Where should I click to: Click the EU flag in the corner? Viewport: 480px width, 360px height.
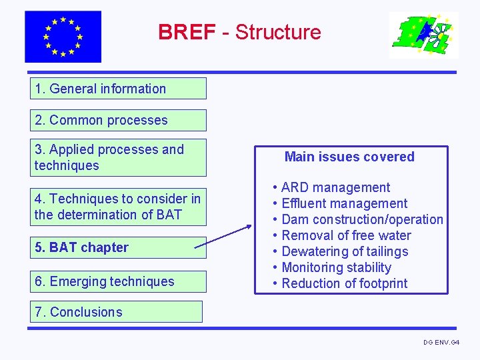(63, 37)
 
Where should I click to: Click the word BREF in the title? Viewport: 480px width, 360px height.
(187, 32)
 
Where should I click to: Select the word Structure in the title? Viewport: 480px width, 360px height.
(278, 32)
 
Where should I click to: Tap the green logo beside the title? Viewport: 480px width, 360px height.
(423, 35)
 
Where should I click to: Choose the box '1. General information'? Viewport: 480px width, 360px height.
(118, 89)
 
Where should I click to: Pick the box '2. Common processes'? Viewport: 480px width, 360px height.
(118, 120)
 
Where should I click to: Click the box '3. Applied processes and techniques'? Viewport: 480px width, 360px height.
(118, 157)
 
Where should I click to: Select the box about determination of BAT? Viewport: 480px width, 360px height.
(118, 207)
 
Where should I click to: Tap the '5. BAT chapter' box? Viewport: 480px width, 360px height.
(118, 247)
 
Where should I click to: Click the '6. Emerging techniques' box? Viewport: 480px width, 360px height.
(118, 281)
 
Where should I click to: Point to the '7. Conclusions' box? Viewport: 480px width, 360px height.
(116, 312)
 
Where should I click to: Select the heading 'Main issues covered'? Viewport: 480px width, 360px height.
(349, 157)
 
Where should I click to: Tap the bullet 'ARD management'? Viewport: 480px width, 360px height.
(335, 187)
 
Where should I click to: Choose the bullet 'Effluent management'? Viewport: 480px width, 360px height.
(344, 203)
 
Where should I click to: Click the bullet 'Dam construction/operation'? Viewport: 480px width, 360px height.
(362, 219)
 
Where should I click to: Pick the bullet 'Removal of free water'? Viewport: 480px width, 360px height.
(346, 235)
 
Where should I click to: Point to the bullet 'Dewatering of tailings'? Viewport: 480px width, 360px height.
(345, 251)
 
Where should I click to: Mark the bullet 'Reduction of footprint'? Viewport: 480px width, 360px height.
(344, 283)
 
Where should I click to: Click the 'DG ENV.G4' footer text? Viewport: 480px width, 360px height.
(441, 342)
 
